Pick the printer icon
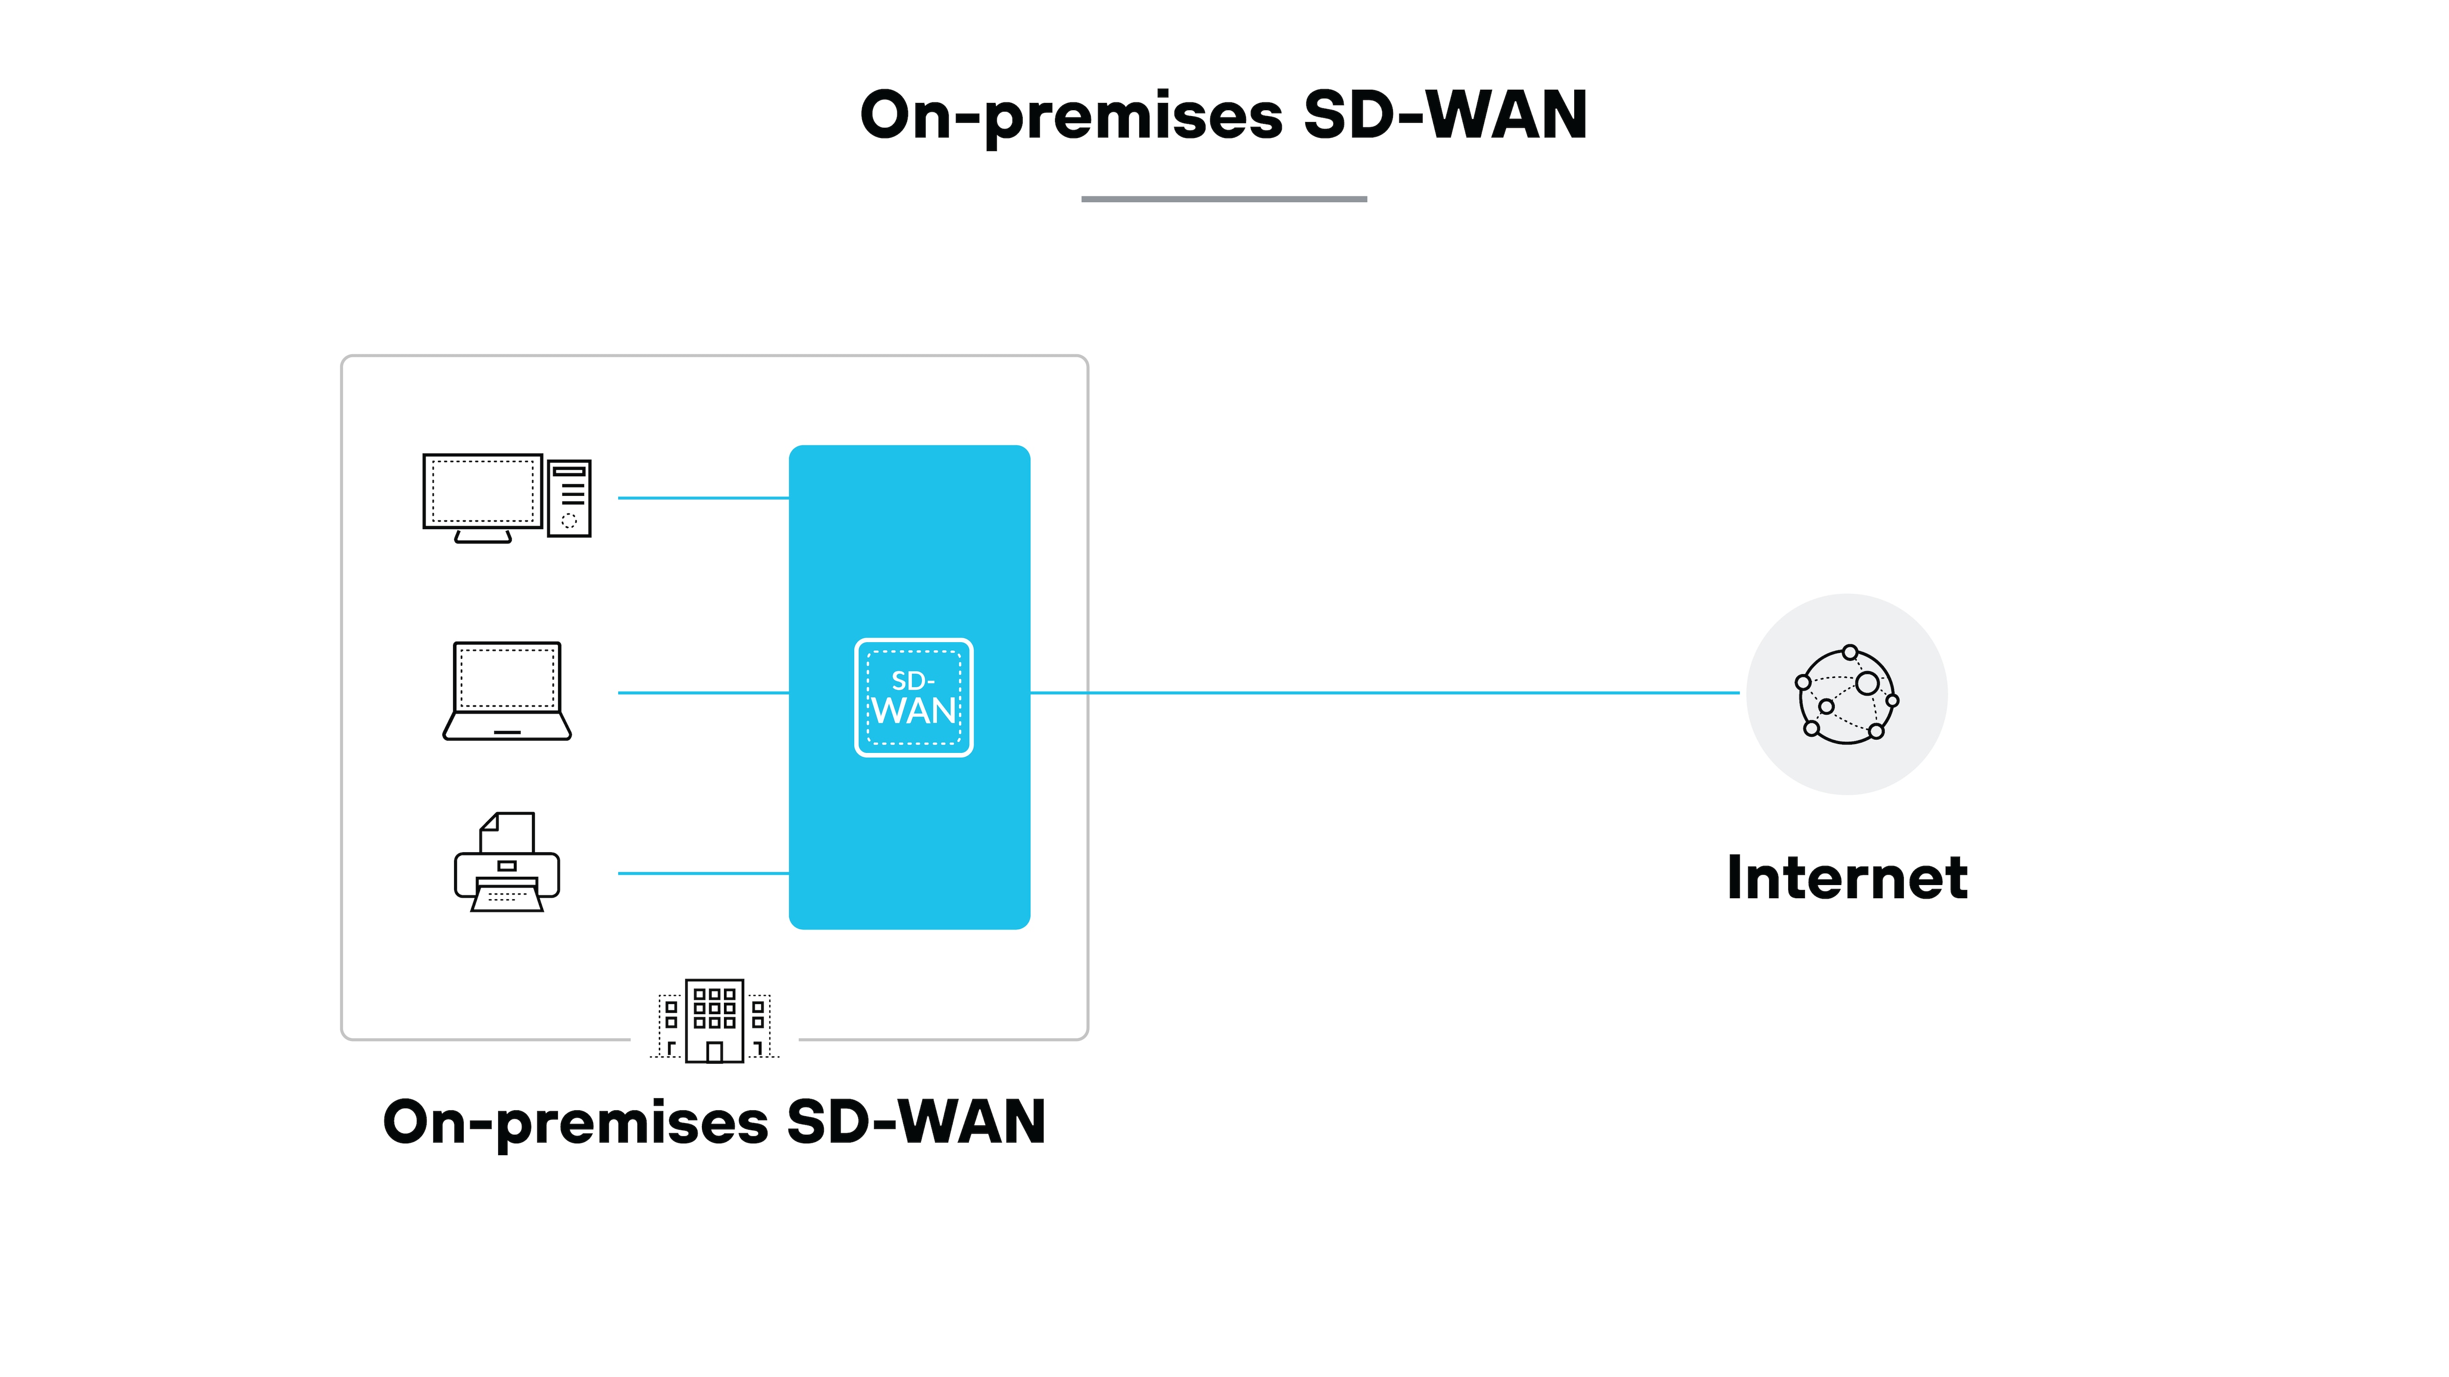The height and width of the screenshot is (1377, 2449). coord(507,865)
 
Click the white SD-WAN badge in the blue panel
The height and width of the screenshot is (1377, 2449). coord(913,698)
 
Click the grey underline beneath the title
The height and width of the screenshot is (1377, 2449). coord(1224,199)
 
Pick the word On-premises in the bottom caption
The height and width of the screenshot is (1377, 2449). coord(575,1123)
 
